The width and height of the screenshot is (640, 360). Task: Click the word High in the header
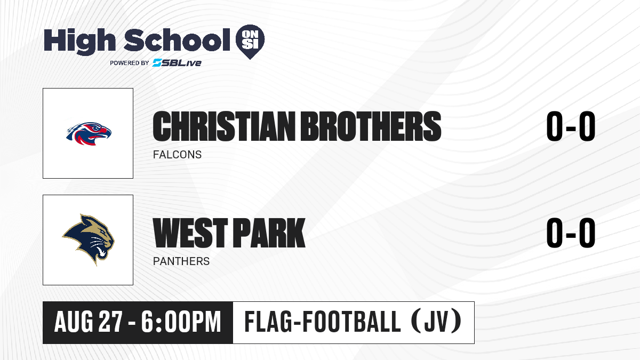79,41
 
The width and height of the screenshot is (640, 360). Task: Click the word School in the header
177,40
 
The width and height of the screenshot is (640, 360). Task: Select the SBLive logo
177,62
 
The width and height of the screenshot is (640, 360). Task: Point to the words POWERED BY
130,63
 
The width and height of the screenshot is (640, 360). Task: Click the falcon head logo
89,133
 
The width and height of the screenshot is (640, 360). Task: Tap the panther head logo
89,239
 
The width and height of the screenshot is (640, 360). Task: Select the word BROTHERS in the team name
371,126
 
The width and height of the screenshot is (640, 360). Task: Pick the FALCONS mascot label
177,155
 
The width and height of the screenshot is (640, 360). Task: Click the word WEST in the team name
190,233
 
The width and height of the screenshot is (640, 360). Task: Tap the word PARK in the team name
269,233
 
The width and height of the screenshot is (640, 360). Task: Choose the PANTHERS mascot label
181,261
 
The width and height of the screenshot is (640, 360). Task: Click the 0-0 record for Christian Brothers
571,126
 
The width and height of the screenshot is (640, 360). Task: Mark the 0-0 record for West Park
571,233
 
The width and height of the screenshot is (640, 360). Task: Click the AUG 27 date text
89,322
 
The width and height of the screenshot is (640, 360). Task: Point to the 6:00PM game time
181,322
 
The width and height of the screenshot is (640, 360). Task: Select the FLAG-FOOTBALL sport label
323,322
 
